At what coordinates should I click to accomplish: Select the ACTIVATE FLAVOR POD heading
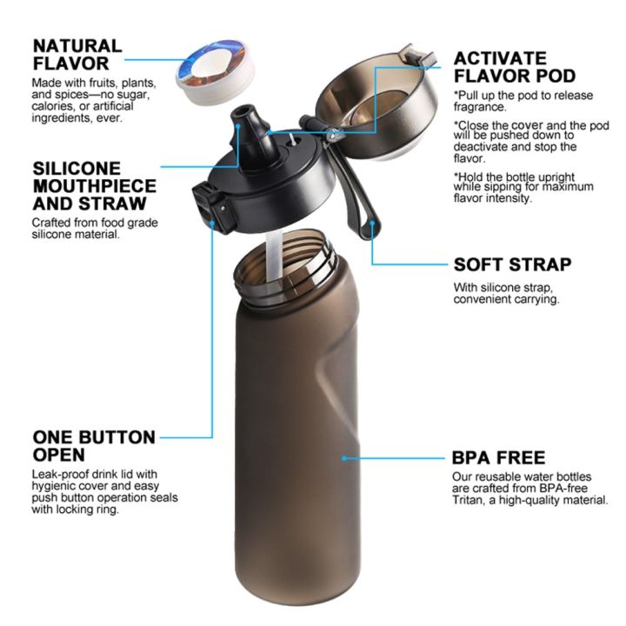513,67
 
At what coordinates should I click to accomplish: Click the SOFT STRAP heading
512,265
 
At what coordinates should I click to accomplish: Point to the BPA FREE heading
498,457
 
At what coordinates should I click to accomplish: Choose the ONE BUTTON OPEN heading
94,446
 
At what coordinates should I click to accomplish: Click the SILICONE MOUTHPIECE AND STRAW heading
95,186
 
